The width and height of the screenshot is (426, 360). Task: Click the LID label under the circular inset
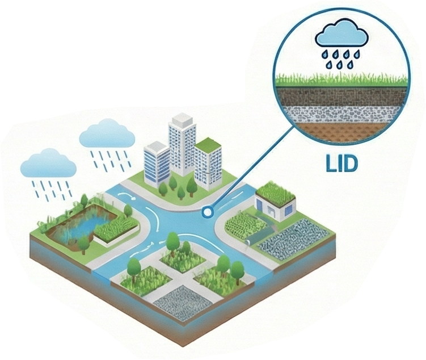pyautogui.click(x=341, y=164)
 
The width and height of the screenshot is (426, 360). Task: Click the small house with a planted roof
pyautogui.click(x=275, y=202)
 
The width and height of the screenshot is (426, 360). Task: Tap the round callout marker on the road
pyautogui.click(x=208, y=212)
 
